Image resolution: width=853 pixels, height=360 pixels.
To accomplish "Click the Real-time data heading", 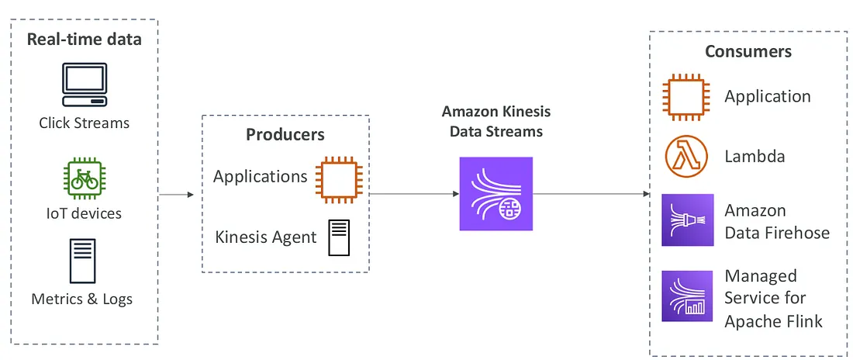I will (84, 40).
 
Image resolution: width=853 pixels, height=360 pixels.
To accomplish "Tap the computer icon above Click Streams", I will (84, 85).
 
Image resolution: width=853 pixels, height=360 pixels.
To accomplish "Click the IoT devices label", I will (84, 213).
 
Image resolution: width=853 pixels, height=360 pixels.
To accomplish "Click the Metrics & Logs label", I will (82, 299).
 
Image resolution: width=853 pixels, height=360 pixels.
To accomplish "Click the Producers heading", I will (285, 135).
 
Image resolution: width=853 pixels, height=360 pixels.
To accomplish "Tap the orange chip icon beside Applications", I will (339, 177).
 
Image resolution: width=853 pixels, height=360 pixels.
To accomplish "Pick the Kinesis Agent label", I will (266, 237).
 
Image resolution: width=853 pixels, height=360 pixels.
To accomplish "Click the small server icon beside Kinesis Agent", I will (339, 237).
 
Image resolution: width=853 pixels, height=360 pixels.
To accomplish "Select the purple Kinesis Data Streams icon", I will (496, 194).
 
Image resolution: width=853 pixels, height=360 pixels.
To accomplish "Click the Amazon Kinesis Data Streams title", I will (496, 122).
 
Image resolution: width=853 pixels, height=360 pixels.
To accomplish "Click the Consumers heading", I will (748, 52).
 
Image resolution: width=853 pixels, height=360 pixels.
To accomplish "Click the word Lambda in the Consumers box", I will (755, 157).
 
